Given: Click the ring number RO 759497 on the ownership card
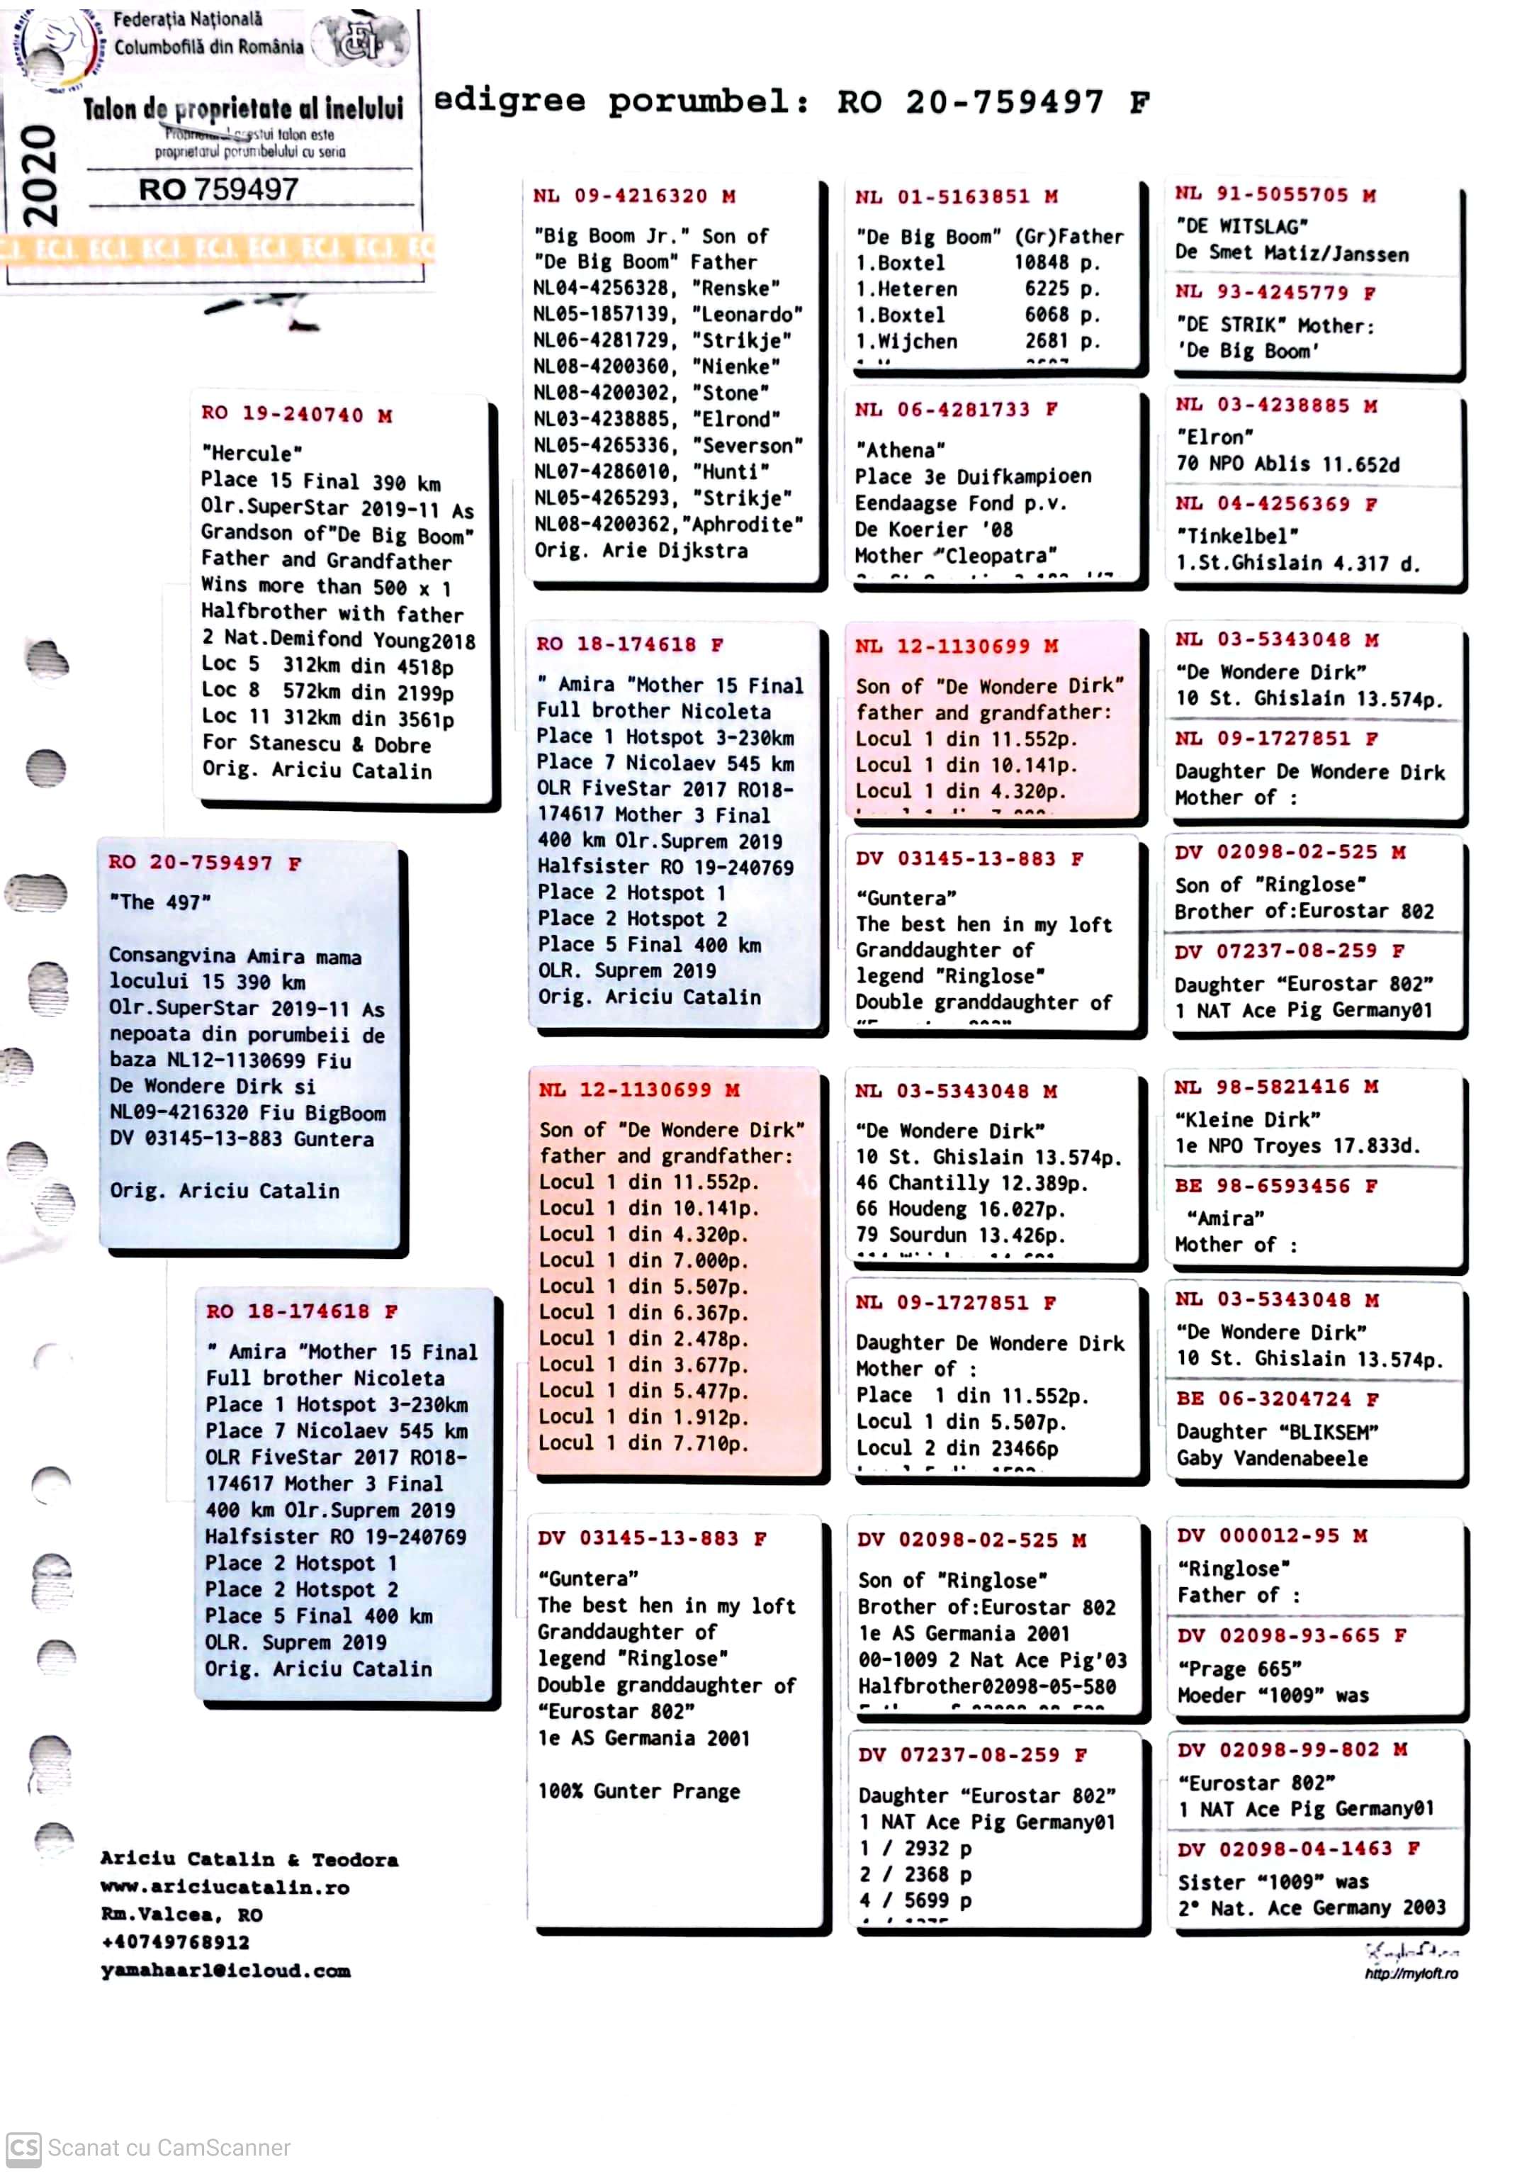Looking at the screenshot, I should [x=219, y=189].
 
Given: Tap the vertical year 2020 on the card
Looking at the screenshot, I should [x=40, y=176].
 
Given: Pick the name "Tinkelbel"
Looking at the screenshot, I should [x=1236, y=535].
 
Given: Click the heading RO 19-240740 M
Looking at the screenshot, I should [x=296, y=414].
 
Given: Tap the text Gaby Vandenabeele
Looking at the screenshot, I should [x=1271, y=1458].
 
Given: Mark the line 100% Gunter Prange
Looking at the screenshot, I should [x=639, y=1791].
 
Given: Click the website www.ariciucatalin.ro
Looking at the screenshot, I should [x=225, y=1887].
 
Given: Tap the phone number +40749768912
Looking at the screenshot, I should [x=175, y=1942].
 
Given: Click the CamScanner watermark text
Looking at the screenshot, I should [x=169, y=2148].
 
